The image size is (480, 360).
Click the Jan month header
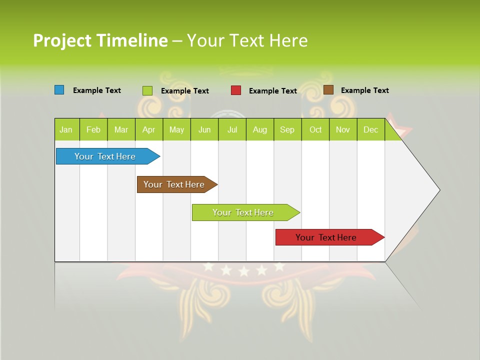66,129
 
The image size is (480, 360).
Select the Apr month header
149,129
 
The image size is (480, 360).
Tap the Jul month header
232,129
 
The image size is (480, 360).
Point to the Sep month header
287,129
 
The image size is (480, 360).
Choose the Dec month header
371,129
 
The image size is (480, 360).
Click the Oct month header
315,129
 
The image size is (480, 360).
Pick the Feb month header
93,129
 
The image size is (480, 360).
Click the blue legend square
59,90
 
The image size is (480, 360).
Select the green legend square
147,90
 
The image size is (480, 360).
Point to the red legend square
236,90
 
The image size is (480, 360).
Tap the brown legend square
328,90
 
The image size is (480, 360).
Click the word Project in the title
62,40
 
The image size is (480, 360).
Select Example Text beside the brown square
365,90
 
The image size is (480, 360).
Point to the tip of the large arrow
439,190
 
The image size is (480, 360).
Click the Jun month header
204,129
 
